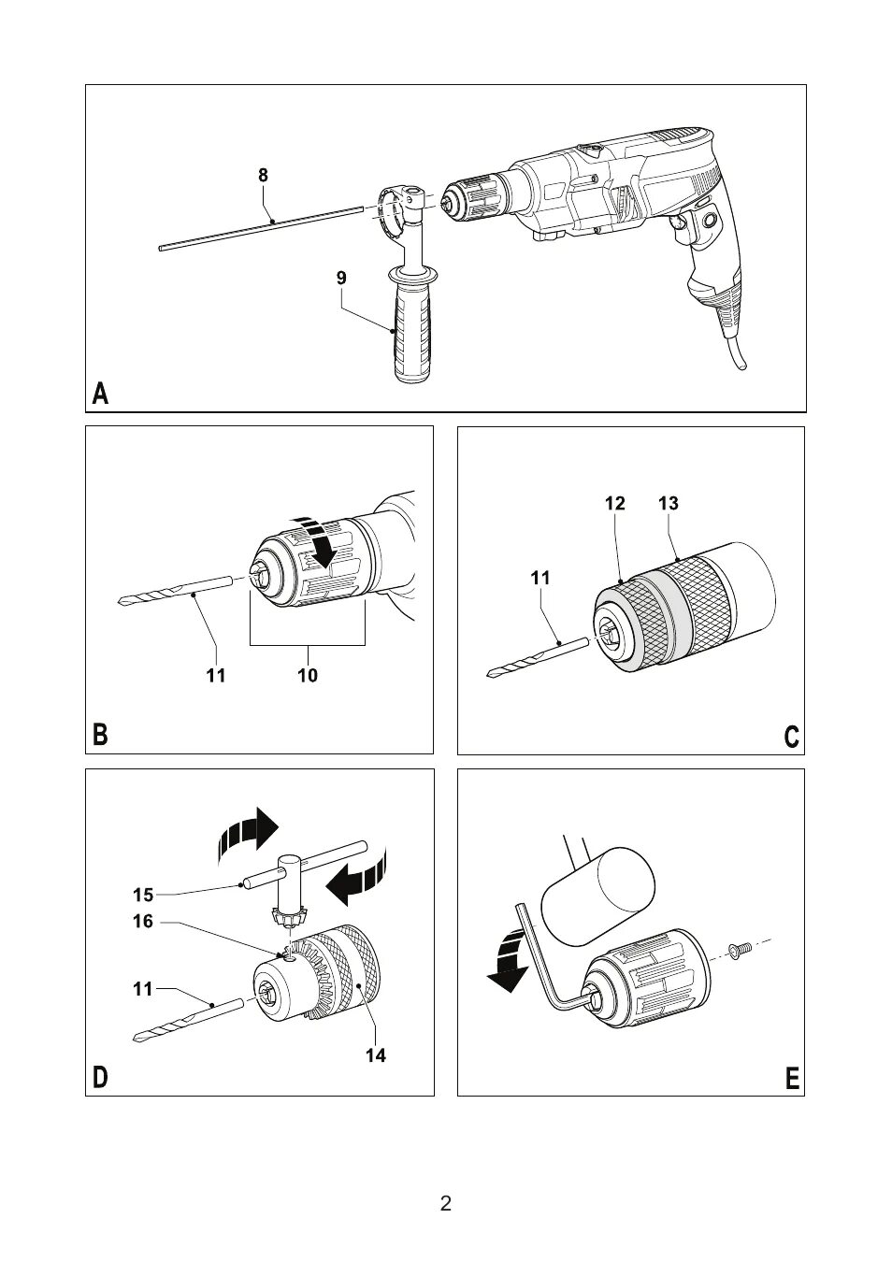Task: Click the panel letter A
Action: [x=101, y=394]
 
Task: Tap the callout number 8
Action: [x=263, y=175]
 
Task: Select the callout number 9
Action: [x=341, y=278]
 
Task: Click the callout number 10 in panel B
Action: [x=308, y=675]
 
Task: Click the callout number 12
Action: [x=614, y=503]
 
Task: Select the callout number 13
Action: [x=668, y=503]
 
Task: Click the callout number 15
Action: [x=142, y=895]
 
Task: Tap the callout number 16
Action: [x=142, y=922]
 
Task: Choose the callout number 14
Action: [x=376, y=1055]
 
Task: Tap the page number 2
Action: [x=446, y=1203]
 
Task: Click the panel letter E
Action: [x=792, y=1080]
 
